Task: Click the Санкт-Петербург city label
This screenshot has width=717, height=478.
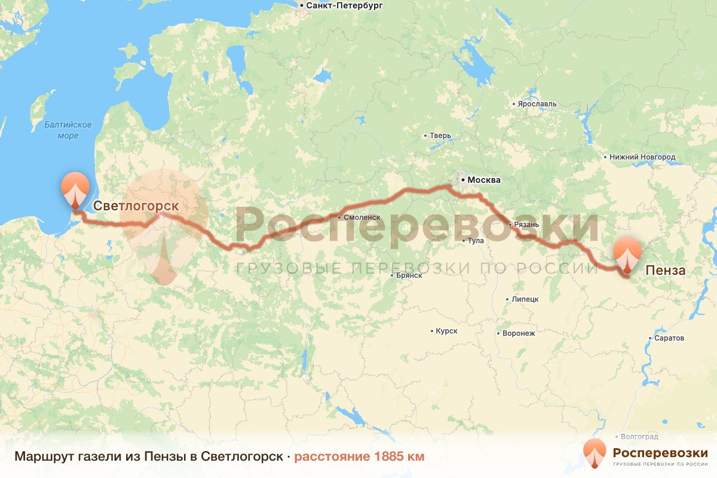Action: point(344,6)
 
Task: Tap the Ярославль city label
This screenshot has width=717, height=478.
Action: point(537,103)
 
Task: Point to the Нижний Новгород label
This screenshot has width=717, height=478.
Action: point(642,157)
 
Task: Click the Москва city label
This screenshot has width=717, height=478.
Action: point(484,180)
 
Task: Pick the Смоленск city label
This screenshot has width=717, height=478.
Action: point(362,217)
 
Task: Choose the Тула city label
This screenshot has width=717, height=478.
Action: point(476,241)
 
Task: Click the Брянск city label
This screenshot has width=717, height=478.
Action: point(409,275)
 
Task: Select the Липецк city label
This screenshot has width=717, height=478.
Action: point(525,299)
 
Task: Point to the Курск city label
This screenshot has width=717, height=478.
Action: point(446,330)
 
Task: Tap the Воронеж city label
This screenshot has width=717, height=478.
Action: point(519,333)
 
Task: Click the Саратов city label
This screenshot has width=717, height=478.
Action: point(669,338)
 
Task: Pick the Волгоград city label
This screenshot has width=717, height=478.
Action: point(639,437)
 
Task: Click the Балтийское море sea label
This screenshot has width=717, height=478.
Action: point(68,130)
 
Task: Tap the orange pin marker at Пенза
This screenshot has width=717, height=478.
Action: point(627,253)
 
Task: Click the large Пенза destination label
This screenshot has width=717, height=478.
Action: point(666,270)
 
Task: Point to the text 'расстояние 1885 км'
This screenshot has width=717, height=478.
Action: point(359,457)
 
